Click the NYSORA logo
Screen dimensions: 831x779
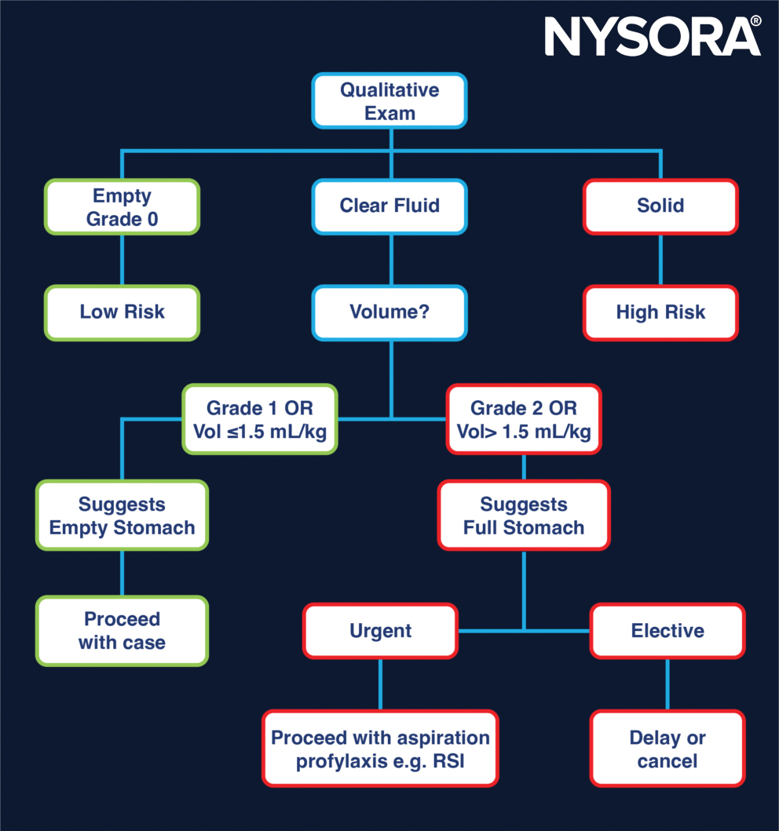(650, 36)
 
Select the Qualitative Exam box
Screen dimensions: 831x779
(389, 101)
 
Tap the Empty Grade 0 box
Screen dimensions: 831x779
(122, 207)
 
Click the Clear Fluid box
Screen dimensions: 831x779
(389, 206)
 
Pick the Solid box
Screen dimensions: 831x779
(660, 206)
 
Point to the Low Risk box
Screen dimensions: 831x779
(122, 312)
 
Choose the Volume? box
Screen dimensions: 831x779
(389, 312)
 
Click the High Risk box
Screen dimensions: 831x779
(660, 312)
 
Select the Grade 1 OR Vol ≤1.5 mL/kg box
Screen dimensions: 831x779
(260, 419)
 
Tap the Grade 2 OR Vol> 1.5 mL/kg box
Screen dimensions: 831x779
(523, 419)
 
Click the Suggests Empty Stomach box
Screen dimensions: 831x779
(122, 516)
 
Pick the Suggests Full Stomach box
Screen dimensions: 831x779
(523, 516)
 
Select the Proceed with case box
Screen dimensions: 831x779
(122, 631)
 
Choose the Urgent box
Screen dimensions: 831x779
(380, 631)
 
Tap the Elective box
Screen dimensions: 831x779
(667, 631)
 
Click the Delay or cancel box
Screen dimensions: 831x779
(667, 749)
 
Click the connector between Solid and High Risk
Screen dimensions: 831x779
(660, 260)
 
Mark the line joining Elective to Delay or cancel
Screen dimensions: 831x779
(667, 684)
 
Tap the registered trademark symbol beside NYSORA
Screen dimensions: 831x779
(755, 21)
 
